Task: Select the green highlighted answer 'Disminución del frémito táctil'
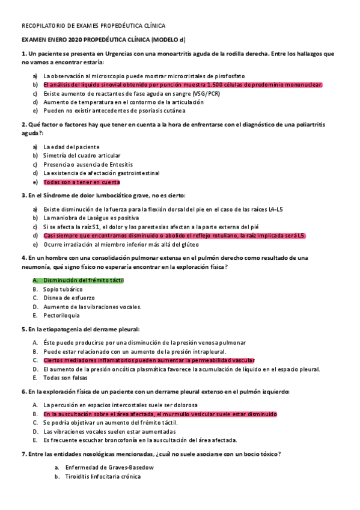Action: point(84,280)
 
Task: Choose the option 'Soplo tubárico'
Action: point(63,289)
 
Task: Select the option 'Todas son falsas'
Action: point(66,378)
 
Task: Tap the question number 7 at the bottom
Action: point(23,453)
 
